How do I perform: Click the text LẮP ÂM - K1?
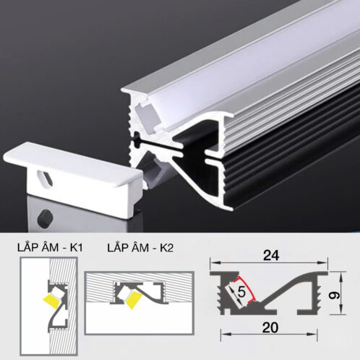[46, 248]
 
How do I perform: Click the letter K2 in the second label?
[164, 248]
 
